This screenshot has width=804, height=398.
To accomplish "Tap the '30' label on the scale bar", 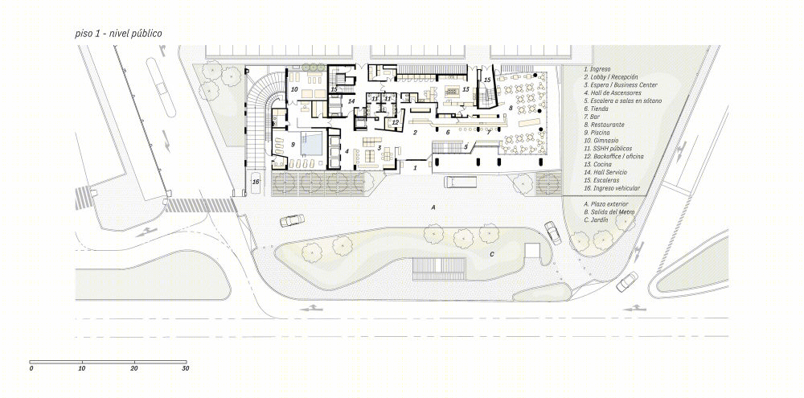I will pos(185,368).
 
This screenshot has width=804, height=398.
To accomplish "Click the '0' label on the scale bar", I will pos(31,368).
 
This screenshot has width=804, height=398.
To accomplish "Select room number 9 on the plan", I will pos(293,145).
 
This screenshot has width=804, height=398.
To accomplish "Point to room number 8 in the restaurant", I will pos(510,106).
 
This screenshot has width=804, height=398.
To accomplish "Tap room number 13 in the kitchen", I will pos(466,90).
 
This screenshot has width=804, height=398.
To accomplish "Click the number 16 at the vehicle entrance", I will pos(256,183).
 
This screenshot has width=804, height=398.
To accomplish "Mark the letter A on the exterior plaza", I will pos(433,207).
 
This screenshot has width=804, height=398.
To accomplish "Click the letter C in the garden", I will pos(492,255).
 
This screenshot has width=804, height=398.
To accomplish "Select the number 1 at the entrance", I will pos(415,168).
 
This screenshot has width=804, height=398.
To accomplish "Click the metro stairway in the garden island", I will pos(438,266).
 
